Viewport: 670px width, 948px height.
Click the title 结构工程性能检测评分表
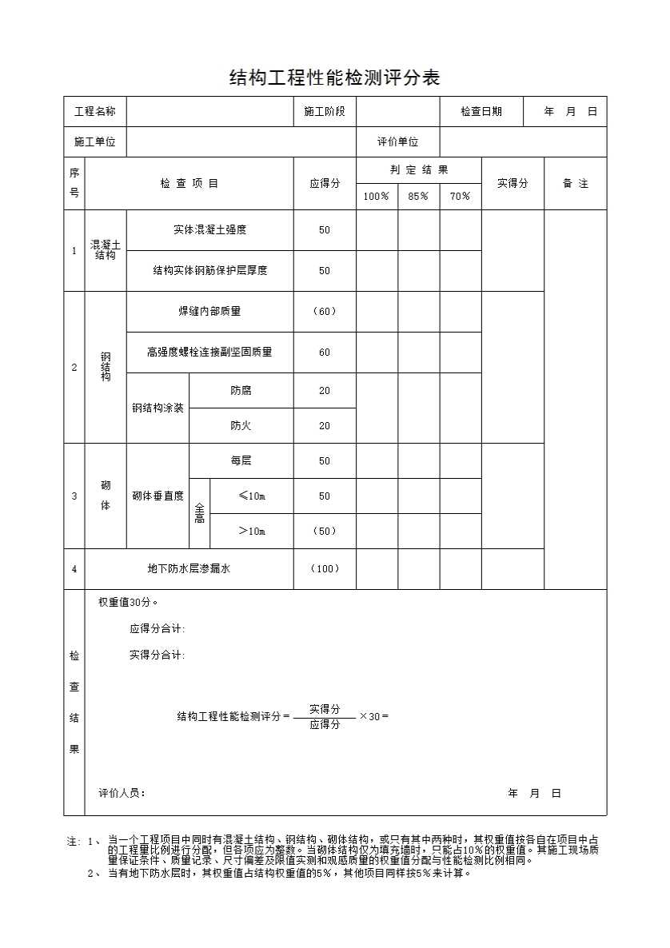coord(334,78)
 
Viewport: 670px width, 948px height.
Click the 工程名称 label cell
coord(95,112)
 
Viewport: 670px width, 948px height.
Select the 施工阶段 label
coord(325,112)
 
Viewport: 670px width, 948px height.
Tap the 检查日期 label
coord(481,112)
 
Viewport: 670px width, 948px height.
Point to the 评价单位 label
coord(398,142)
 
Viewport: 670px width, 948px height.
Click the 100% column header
coord(377,197)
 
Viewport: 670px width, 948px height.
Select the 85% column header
coord(418,197)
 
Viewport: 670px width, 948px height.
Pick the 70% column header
coord(461,197)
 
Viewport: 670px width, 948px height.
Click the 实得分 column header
coord(512,184)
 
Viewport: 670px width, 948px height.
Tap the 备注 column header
coord(575,184)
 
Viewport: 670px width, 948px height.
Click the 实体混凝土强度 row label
coord(209,230)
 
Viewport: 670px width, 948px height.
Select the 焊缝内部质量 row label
coord(209,312)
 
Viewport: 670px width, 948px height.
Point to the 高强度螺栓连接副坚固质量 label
coord(209,353)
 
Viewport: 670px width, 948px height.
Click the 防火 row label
coord(241,426)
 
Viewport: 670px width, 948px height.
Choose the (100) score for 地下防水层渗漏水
coord(325,569)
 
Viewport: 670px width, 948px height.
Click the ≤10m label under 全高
coord(252,496)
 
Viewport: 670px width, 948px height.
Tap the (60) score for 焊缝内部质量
coord(325,312)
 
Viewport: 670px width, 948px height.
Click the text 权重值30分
coord(128,603)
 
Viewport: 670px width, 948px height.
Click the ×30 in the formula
coord(373,716)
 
